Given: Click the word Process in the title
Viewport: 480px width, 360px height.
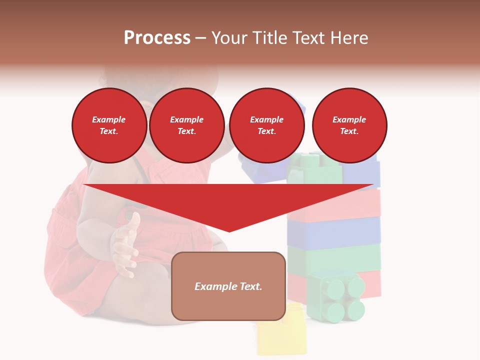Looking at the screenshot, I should click(x=157, y=37).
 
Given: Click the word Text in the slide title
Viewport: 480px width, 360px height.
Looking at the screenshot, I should click(x=309, y=37).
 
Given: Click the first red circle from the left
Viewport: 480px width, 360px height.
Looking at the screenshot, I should click(x=109, y=125).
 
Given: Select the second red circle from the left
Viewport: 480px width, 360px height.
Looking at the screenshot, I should click(x=186, y=125).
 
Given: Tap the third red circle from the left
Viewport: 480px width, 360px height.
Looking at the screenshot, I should click(x=266, y=125).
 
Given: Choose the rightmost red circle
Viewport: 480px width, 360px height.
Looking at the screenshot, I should click(x=349, y=125).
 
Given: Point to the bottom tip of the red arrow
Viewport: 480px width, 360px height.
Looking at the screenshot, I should click(x=229, y=230).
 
